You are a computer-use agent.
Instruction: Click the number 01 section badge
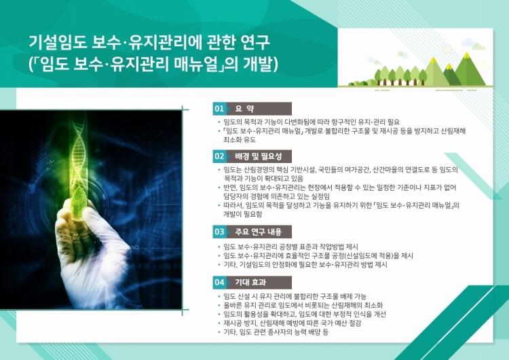pos(219,109)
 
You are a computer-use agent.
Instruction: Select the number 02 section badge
pos(219,156)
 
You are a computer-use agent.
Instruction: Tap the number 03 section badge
pos(219,232)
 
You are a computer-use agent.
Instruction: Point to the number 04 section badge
pos(219,282)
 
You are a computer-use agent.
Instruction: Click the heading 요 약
pos(244,109)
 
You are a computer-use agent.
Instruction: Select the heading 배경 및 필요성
pos(258,156)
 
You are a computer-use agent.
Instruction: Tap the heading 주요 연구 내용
pos(258,232)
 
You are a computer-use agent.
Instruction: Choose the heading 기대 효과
pos(250,282)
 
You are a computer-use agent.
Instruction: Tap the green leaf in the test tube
pos(79,202)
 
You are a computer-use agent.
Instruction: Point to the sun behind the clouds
pos(448,49)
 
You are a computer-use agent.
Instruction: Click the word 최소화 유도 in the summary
pos(240,140)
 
